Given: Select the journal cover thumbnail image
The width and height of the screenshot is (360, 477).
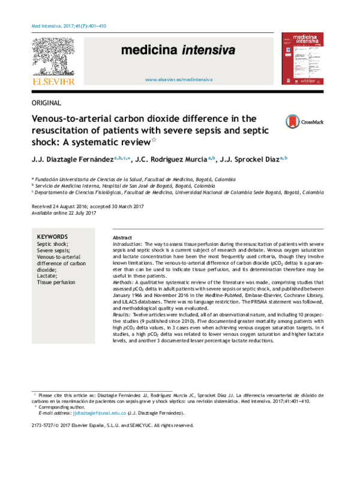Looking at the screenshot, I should point(304,58).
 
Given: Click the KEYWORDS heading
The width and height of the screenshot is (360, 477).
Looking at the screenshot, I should point(52,237).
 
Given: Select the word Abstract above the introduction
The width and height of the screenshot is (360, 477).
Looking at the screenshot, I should point(122,238).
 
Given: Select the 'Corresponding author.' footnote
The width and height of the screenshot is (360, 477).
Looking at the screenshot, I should point(62,407).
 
